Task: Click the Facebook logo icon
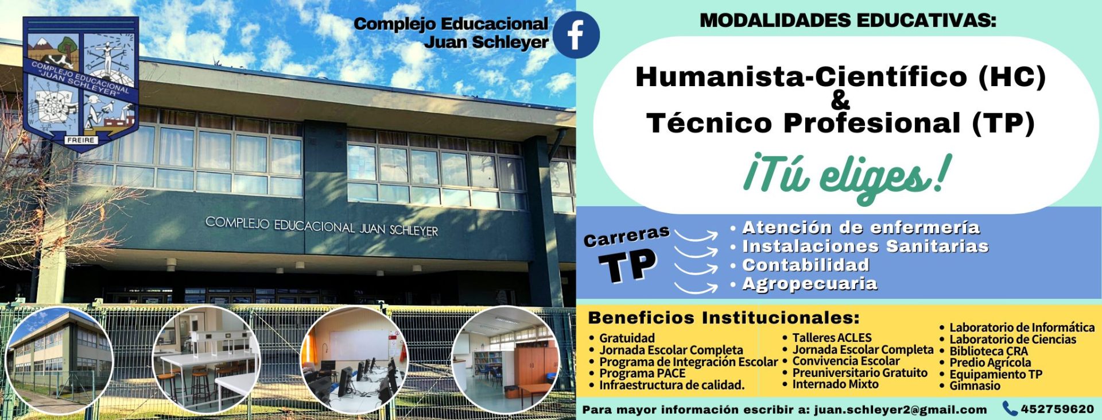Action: tap(577, 34)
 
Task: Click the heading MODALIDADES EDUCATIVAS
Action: tap(848, 21)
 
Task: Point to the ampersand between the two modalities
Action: tap(840, 100)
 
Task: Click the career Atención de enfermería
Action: tap(861, 228)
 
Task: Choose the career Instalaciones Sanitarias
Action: tap(865, 247)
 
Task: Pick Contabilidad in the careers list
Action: tap(806, 265)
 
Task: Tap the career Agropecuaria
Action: tap(810, 284)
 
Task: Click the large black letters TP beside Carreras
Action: tap(627, 266)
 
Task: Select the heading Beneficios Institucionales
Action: tap(724, 318)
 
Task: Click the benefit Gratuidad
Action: tap(627, 338)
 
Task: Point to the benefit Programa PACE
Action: tap(642, 373)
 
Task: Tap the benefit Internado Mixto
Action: tap(835, 384)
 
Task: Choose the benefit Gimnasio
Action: tap(975, 386)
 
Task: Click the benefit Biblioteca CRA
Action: tap(988, 351)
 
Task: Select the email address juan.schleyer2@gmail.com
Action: tap(900, 410)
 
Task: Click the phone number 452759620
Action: tap(1057, 409)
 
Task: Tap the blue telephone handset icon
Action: tap(1010, 409)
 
